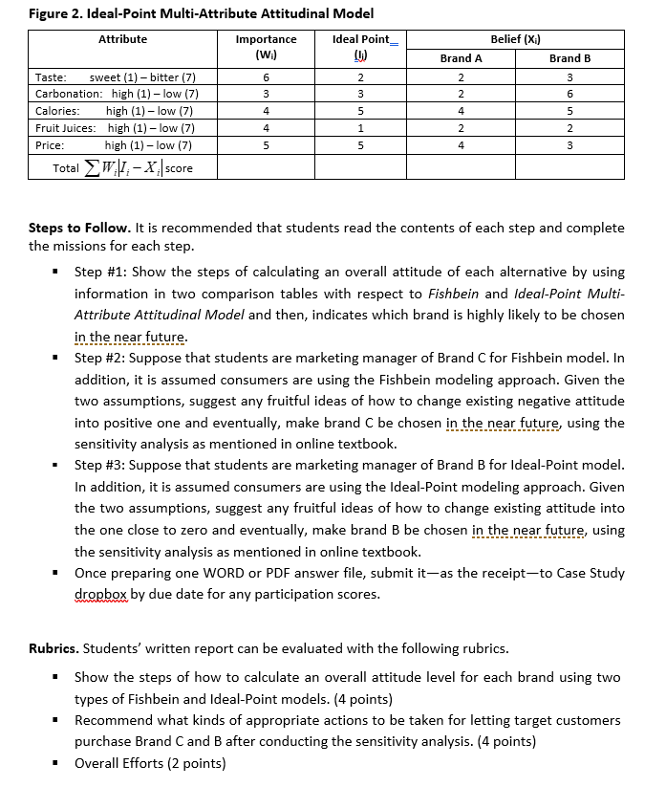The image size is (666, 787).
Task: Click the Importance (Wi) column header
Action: click(x=266, y=46)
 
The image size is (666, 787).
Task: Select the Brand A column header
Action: click(x=461, y=58)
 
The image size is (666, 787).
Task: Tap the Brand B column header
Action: click(x=569, y=58)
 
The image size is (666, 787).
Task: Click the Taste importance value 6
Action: click(x=266, y=77)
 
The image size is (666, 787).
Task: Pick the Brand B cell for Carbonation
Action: click(x=569, y=94)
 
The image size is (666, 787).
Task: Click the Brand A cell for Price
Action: click(x=461, y=145)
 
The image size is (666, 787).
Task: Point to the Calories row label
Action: click(x=51, y=111)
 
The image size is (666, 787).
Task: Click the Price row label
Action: click(x=50, y=145)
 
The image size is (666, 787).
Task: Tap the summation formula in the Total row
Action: click(x=122, y=168)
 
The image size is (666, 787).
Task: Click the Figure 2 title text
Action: click(x=202, y=13)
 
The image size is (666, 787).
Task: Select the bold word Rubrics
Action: click(x=54, y=648)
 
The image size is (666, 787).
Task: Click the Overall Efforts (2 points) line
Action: click(x=150, y=762)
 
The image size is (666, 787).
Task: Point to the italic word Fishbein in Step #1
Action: click(x=457, y=293)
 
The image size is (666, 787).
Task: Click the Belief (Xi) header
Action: click(x=515, y=39)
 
